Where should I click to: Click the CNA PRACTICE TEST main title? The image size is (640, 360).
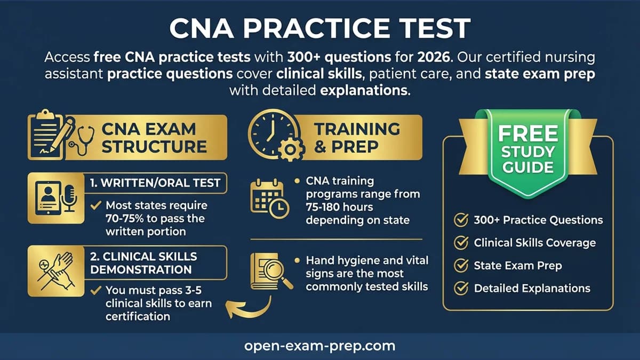(320, 28)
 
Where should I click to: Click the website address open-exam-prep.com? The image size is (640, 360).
(320, 346)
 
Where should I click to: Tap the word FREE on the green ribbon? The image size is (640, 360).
(528, 133)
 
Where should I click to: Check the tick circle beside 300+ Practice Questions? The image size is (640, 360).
(460, 220)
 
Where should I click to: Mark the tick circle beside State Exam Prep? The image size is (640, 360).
(460, 266)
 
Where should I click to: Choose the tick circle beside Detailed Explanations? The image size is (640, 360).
(460, 289)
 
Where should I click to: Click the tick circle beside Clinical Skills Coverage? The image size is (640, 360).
(460, 243)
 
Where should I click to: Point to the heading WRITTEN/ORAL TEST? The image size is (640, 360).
(155, 183)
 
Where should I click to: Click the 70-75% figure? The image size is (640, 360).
(131, 219)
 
